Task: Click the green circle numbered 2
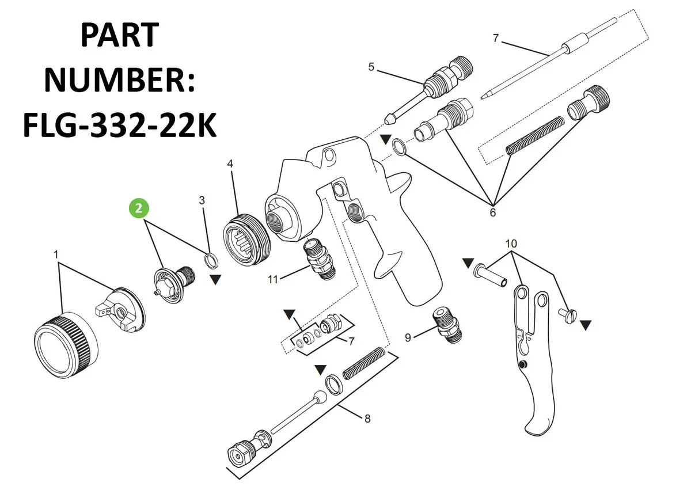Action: [139, 208]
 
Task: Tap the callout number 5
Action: [371, 67]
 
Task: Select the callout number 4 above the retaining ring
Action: [230, 164]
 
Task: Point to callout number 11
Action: [273, 279]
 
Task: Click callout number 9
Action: [408, 337]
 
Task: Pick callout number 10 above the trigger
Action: [511, 244]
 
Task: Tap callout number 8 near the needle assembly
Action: [367, 419]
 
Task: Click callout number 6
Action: [493, 212]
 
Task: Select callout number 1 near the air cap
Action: [56, 254]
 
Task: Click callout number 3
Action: [202, 200]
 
